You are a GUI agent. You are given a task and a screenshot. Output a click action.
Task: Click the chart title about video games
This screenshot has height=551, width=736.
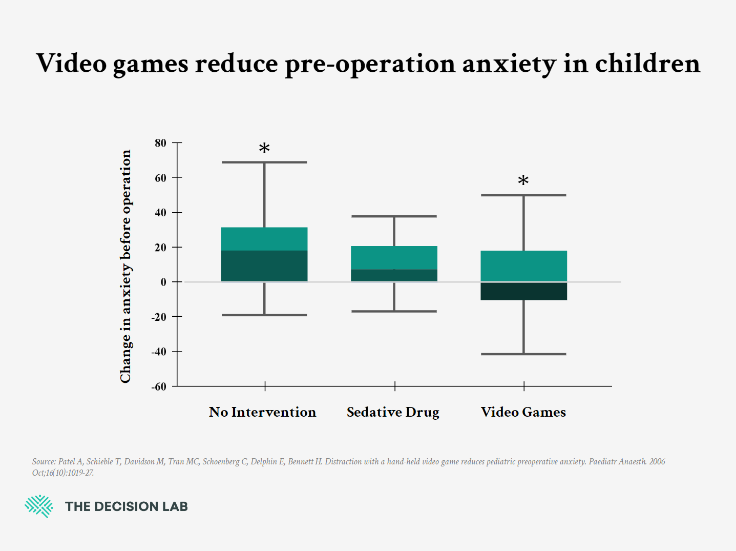[x=368, y=64]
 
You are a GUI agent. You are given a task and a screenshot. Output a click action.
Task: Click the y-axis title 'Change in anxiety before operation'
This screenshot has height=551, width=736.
[x=125, y=266]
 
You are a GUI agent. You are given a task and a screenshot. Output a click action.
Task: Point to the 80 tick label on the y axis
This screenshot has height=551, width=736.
[x=160, y=143]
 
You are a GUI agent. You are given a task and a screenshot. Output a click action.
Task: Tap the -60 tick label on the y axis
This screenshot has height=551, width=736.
[x=159, y=386]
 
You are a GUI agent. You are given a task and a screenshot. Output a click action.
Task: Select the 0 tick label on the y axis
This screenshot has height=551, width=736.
[x=163, y=282]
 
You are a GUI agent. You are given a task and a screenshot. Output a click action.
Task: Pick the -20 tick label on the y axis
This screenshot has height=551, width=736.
[x=159, y=317]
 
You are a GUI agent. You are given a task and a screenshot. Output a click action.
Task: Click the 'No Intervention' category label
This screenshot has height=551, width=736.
[x=262, y=412]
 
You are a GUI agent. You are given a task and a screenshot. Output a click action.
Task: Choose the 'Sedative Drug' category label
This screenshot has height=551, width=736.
[x=393, y=412]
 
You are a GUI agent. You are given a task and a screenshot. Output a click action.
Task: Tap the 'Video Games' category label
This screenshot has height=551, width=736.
[x=523, y=412]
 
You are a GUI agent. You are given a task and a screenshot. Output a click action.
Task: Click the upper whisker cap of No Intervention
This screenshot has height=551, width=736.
[x=264, y=162]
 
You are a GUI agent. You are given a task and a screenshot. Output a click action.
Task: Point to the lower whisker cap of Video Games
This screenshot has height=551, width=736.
[x=523, y=354]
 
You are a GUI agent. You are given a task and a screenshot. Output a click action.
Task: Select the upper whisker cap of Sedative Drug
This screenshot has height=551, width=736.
[x=394, y=216]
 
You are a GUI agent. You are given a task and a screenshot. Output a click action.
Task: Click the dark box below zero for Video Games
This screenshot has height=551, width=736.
[x=523, y=291]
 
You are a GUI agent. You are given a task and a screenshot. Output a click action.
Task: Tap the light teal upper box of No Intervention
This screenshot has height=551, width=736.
[x=264, y=239]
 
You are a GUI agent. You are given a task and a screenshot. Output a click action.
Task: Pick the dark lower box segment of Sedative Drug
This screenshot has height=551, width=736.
[x=394, y=275]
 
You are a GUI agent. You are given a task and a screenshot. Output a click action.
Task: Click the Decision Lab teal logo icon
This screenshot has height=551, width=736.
[x=39, y=506]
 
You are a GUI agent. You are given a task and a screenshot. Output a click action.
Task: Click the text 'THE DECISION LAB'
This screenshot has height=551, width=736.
[x=127, y=506]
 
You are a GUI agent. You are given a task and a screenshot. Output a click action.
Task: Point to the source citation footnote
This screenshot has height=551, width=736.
[x=348, y=467]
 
